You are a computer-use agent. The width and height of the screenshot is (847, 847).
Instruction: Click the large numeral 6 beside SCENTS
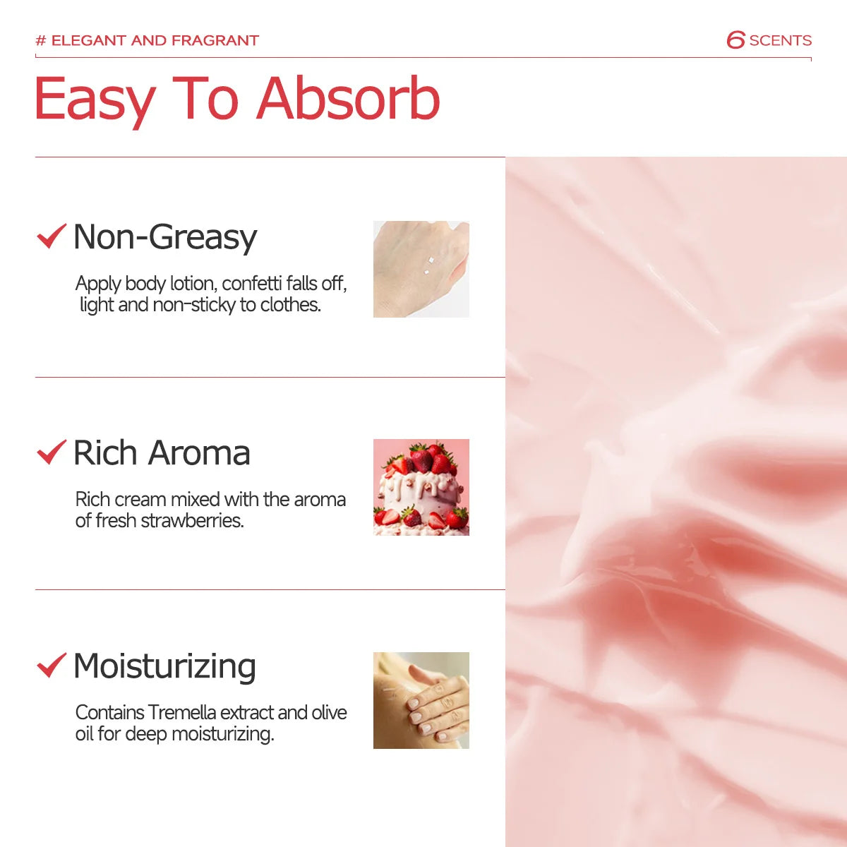(735, 40)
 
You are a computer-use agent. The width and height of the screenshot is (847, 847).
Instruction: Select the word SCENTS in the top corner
(780, 41)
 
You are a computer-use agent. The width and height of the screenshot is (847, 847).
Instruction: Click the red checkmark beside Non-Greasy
(51, 236)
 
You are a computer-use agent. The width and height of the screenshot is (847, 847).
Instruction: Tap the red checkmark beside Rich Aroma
(51, 452)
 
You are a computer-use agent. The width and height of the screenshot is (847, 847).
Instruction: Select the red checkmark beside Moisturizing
(51, 665)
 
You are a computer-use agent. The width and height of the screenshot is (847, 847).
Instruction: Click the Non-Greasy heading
(165, 237)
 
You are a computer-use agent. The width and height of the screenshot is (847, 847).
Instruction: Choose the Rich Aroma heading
(162, 453)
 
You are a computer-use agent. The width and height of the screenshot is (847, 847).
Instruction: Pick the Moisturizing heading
(164, 666)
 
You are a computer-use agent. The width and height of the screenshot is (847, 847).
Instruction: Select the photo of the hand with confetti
(421, 269)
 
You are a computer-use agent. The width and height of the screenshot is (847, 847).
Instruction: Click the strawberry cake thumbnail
(421, 487)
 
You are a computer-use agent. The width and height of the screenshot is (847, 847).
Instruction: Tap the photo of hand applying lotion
(421, 700)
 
